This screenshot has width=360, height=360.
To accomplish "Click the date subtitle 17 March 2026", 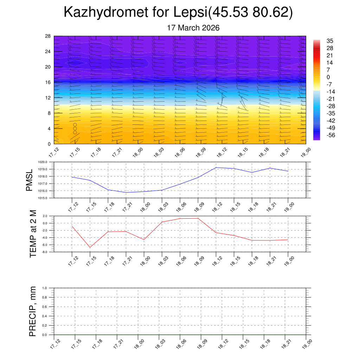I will (193, 28).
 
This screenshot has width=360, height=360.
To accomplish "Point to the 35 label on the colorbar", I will (330, 41).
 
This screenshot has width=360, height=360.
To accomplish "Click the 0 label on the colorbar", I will (328, 77).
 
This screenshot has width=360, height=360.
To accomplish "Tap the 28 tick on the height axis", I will (48, 36).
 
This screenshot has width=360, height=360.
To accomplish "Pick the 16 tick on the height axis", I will (48, 82).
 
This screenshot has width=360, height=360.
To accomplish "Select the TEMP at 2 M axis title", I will (33, 233).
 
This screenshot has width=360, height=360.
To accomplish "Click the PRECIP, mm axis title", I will (33, 311).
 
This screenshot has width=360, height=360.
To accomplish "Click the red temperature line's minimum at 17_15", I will (90, 247).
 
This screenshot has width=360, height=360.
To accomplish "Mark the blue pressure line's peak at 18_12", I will (216, 167).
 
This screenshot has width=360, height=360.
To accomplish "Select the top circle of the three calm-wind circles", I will (75, 125).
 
